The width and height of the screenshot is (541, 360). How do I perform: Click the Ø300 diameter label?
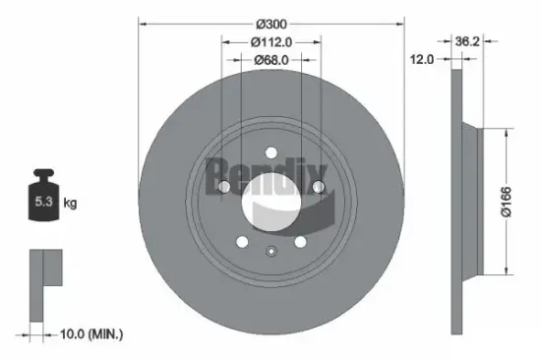[x=270, y=23]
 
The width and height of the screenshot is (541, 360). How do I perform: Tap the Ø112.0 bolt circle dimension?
[x=270, y=41]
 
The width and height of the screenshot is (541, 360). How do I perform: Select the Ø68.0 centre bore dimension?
[x=270, y=59]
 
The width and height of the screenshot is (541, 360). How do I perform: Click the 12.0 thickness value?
[x=422, y=59]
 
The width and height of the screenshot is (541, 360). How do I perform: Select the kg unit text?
[x=70, y=203]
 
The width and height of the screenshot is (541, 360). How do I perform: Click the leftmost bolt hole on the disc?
[x=223, y=188]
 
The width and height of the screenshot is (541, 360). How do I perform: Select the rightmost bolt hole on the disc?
[x=318, y=188]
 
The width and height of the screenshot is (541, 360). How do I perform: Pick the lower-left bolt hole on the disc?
[x=242, y=241]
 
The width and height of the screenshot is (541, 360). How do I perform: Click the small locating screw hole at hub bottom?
[x=270, y=251]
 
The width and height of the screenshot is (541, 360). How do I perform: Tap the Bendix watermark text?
[x=258, y=177]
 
